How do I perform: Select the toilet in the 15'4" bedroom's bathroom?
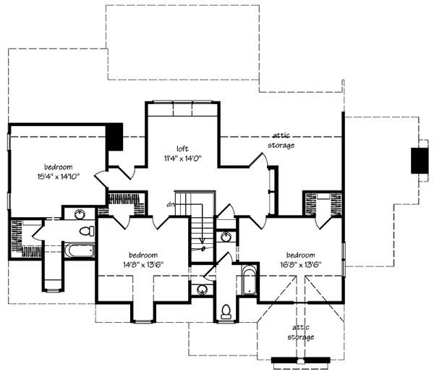tap(87, 232)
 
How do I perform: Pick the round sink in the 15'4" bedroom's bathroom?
tap(80, 214)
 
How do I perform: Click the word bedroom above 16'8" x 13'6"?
tap(299, 255)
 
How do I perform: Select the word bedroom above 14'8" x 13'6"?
tap(144, 255)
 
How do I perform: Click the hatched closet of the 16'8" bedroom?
tap(312, 204)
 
